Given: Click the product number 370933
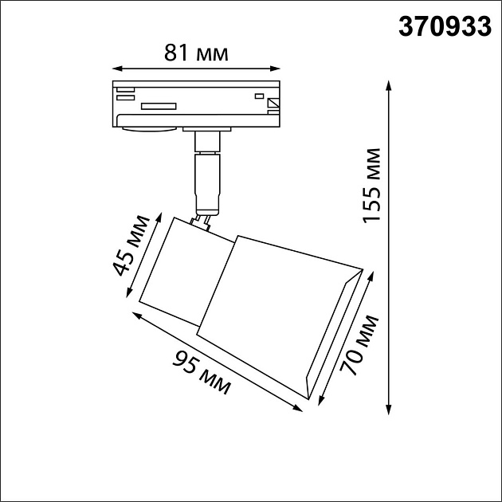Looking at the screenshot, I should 444,27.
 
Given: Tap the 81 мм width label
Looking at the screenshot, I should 196,53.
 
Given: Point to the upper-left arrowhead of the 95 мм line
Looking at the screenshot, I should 135,314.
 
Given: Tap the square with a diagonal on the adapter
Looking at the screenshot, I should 273,103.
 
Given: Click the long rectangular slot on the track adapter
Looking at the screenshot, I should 159,105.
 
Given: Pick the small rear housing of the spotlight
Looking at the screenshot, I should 183,267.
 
